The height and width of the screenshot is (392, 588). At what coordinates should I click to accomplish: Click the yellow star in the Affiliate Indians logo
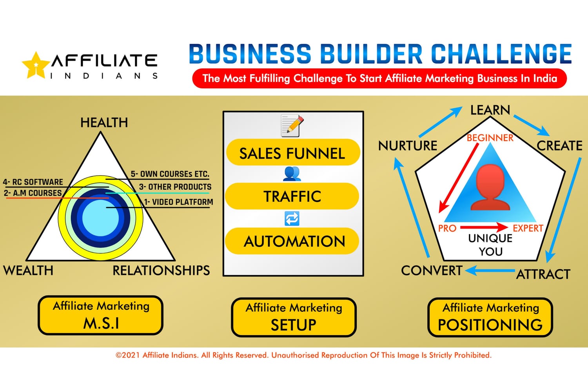click(36, 65)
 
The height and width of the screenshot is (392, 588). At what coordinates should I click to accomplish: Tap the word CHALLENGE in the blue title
click(501, 54)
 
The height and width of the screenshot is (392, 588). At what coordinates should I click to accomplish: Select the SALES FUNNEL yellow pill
click(292, 152)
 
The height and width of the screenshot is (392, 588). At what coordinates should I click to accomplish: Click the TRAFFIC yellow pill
click(292, 196)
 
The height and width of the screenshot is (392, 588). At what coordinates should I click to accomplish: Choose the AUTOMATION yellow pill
click(292, 241)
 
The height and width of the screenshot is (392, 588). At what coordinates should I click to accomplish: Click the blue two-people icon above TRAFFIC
click(292, 174)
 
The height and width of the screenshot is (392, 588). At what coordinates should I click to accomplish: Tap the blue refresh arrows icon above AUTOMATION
click(292, 218)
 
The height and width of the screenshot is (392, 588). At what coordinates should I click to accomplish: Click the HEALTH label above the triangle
click(104, 123)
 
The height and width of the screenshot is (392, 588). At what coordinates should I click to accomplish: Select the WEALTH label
click(28, 270)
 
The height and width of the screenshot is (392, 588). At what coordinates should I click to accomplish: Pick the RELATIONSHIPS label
click(161, 270)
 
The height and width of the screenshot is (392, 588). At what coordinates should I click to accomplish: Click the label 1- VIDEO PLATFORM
click(178, 202)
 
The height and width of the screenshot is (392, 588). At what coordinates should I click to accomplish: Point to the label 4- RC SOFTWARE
click(33, 182)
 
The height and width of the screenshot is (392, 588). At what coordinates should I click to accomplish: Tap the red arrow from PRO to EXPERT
click(484, 227)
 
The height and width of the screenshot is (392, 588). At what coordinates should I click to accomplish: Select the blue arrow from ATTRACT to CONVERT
click(490, 270)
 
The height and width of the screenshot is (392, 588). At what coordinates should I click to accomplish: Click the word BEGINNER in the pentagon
click(490, 138)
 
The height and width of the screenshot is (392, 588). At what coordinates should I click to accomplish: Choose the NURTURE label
click(408, 146)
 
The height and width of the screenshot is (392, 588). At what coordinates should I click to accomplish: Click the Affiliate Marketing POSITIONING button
click(490, 317)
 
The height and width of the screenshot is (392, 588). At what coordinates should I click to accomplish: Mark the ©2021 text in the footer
click(128, 355)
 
